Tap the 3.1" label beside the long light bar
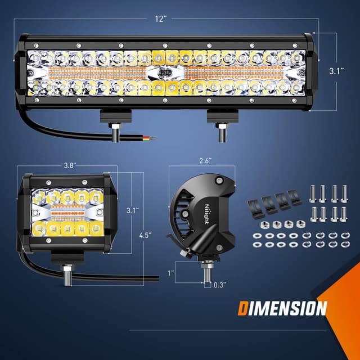click(x=336, y=71)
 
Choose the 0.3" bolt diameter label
click(x=220, y=285)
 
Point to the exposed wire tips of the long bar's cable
click(x=147, y=136)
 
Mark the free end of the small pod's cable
click(x=157, y=277)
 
